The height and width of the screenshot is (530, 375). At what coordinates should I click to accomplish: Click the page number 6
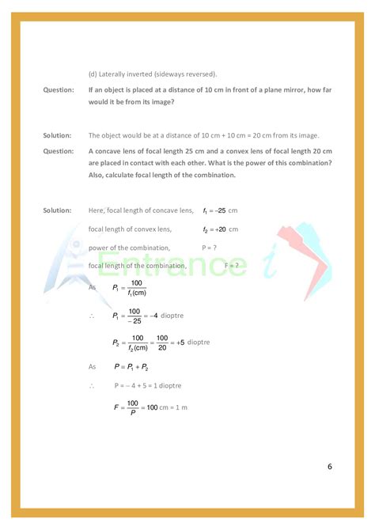[x=330, y=466]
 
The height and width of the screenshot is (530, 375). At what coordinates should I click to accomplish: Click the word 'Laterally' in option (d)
[x=116, y=74]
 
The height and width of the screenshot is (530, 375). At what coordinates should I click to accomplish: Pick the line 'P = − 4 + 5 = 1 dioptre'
[x=147, y=385]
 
